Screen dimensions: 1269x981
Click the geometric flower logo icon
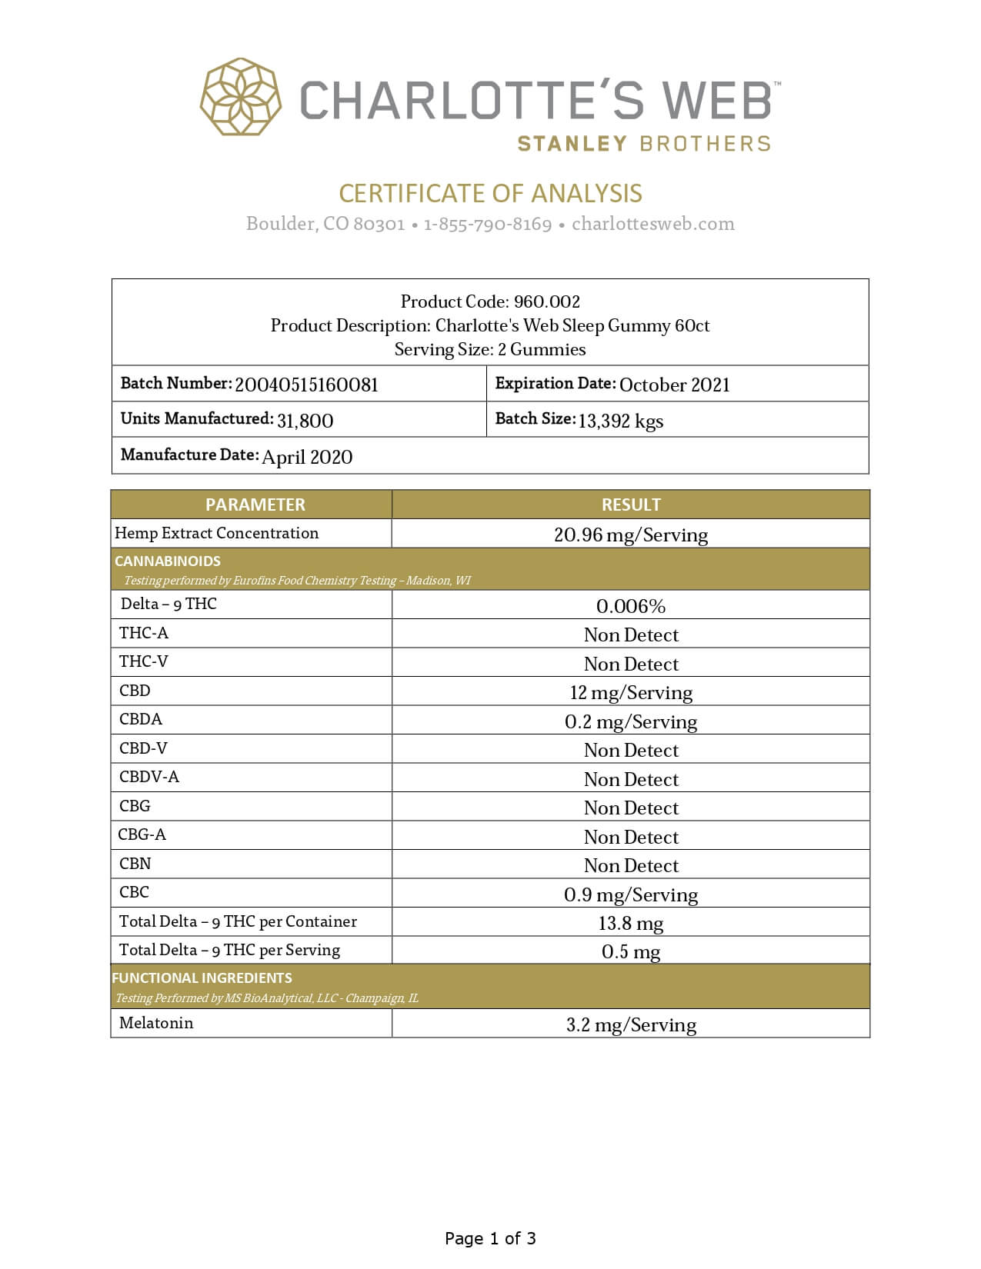tap(240, 97)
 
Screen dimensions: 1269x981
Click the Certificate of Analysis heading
tap(490, 193)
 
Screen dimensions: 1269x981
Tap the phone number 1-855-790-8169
tap(488, 224)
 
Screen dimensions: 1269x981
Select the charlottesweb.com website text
tap(653, 224)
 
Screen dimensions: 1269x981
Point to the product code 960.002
tap(547, 301)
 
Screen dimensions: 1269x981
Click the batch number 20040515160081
tap(306, 385)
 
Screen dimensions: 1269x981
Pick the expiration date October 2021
tap(674, 385)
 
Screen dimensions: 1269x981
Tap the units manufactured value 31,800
tap(305, 420)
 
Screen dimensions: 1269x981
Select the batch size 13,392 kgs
tap(620, 421)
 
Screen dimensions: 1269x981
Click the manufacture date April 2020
tap(307, 457)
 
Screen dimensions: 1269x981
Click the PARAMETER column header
tap(255, 505)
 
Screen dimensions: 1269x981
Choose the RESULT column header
tap(631, 505)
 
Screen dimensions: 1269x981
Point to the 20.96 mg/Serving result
tap(631, 535)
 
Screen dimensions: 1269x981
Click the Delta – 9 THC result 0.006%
tap(631, 606)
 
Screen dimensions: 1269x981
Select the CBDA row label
tap(141, 719)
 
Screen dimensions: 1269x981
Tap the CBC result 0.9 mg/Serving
tap(631, 894)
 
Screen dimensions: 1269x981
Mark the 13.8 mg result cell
tap(631, 923)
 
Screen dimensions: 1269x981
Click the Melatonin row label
tap(156, 1023)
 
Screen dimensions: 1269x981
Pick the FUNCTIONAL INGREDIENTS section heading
tap(202, 978)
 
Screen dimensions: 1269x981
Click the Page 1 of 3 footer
tap(490, 1238)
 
